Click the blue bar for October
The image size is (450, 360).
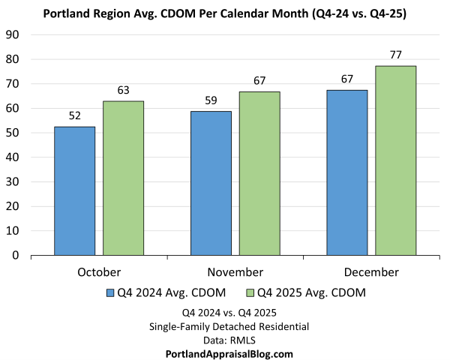(x=74, y=191)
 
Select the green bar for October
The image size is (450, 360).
(x=123, y=178)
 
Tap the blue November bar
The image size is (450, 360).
(x=211, y=183)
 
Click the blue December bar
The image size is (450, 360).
(x=347, y=172)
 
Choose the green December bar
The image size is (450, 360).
(x=396, y=160)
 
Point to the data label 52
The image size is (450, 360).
(x=74, y=115)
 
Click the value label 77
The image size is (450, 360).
(x=396, y=55)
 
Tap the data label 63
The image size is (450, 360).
(x=123, y=90)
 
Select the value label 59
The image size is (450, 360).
(x=211, y=100)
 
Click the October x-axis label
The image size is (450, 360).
(x=98, y=271)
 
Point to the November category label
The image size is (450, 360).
(x=235, y=271)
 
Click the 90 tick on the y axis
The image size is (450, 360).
(x=13, y=34)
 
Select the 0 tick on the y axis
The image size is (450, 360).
(x=16, y=255)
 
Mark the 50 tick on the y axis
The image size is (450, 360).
(x=13, y=133)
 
